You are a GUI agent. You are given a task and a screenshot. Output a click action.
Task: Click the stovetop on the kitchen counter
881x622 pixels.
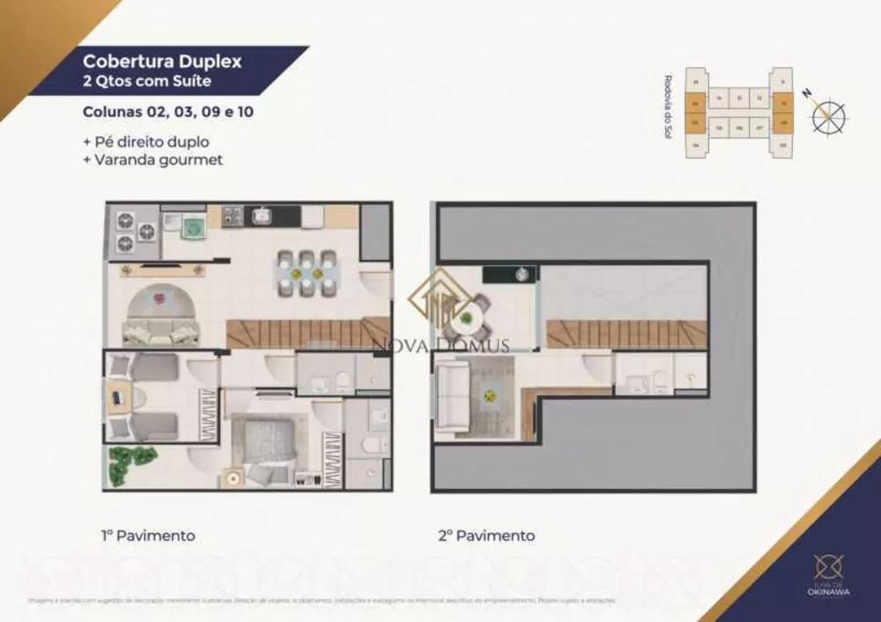[232, 214]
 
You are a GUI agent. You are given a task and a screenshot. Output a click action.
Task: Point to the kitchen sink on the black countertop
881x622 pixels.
[263, 214]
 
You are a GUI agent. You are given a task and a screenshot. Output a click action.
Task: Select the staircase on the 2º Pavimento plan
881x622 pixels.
[626, 334]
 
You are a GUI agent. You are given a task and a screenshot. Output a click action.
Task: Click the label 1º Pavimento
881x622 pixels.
[148, 536]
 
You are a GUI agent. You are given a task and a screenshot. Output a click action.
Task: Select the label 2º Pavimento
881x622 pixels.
[487, 536]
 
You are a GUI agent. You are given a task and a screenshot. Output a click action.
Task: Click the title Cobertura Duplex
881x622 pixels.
[161, 63]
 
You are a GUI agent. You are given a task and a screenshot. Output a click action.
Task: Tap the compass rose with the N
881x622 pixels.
[829, 115]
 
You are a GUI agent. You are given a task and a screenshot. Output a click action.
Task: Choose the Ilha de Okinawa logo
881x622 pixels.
[829, 574]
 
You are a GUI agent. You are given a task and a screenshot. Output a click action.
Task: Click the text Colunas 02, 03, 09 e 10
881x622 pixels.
[168, 113]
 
